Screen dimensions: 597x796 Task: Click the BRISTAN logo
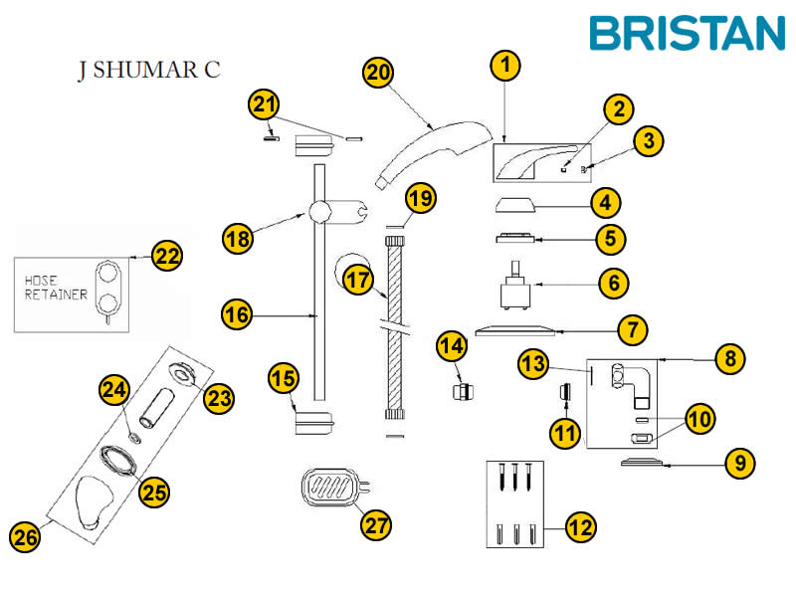coord(687,32)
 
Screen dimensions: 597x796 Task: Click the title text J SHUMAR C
coord(148,71)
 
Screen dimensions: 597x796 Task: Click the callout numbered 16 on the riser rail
coord(236,314)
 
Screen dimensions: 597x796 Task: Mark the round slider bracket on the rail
coord(320,212)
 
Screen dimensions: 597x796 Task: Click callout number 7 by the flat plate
coord(632,328)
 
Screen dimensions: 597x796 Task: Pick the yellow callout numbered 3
coord(649,140)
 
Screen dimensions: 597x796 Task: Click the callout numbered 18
coord(237,239)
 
